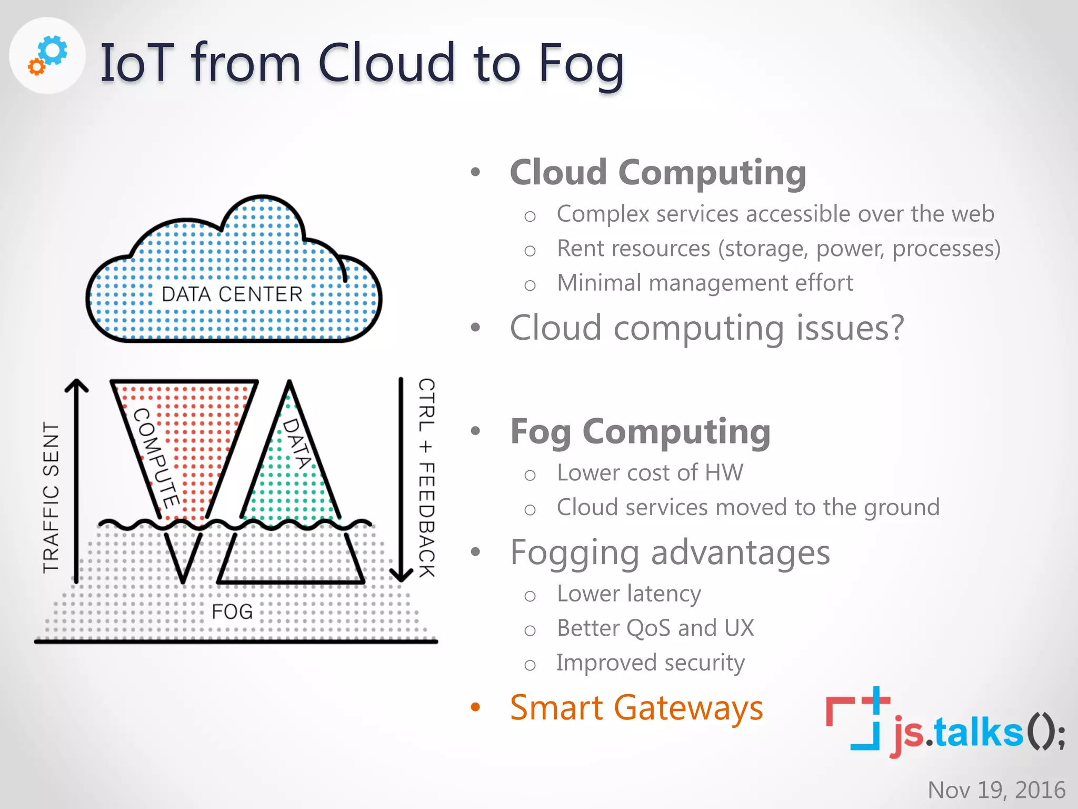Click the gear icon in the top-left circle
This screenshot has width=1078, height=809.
point(48,55)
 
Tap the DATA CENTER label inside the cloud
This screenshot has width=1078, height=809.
point(232,294)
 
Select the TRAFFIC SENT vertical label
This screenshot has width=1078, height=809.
point(51,497)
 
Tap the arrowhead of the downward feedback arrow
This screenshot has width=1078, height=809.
point(401,575)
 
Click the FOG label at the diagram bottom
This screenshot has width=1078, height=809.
point(232,611)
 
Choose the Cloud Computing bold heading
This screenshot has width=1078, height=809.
point(658,173)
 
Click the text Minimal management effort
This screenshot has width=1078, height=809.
point(705,283)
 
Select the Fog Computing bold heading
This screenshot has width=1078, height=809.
point(640,432)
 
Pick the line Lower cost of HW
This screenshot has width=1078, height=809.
point(650,472)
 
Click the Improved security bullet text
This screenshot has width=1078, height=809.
point(651,663)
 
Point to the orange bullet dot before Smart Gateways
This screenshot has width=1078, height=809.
point(475,707)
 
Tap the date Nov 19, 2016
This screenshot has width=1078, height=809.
point(996,790)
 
